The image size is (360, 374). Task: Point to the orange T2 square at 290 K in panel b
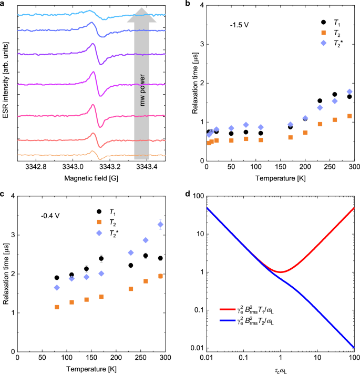point(349,116)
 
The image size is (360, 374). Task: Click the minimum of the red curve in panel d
point(280,272)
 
